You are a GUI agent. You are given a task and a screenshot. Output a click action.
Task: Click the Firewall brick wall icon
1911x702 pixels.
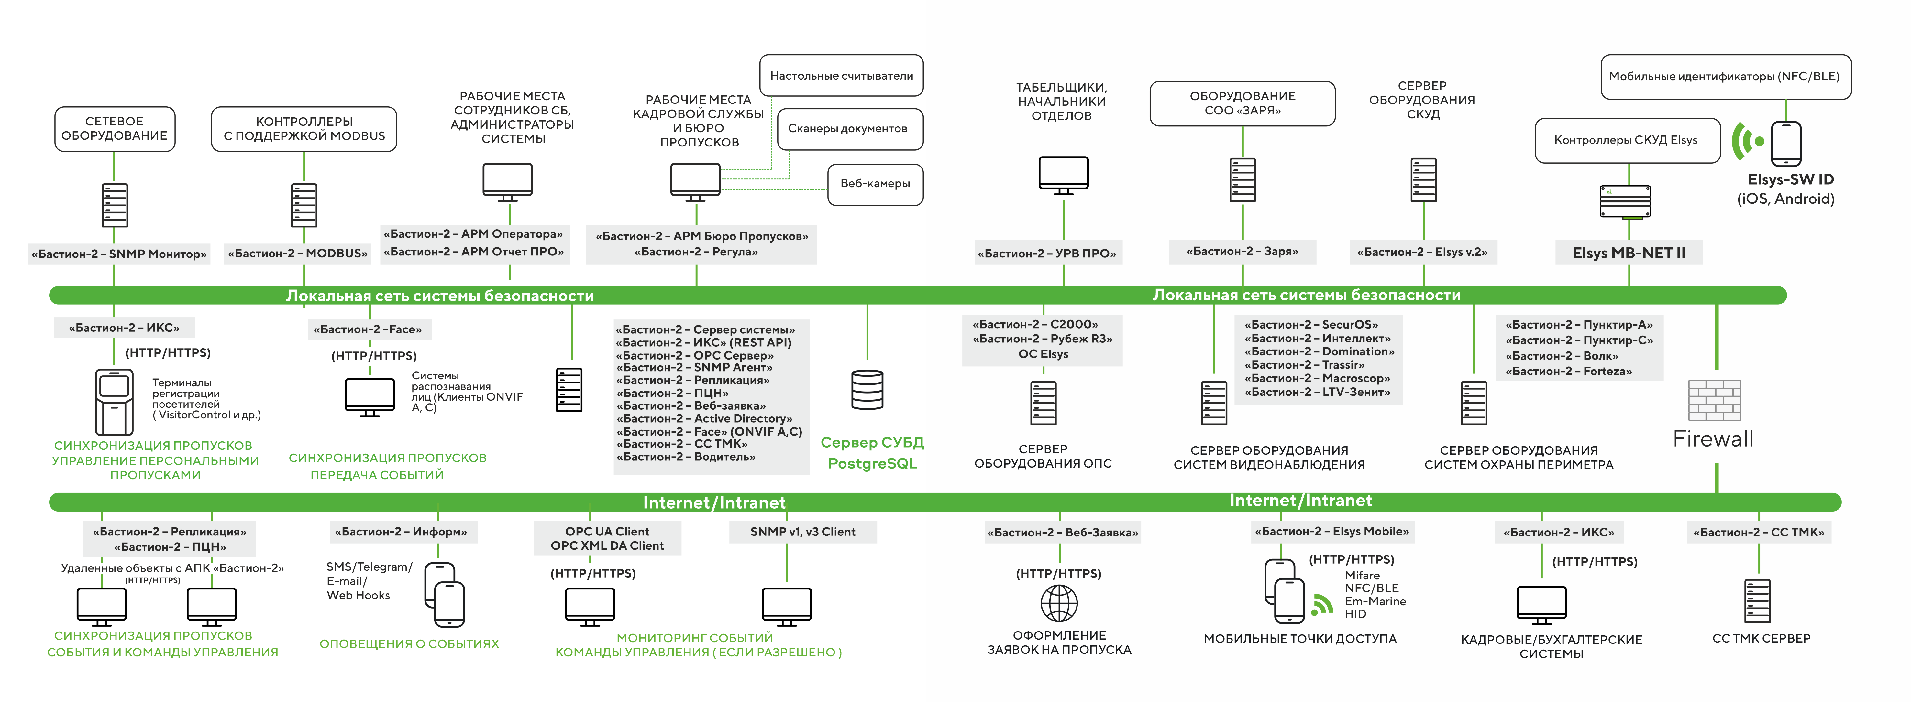tap(1714, 400)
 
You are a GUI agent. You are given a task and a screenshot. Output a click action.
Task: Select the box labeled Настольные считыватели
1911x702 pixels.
tap(841, 76)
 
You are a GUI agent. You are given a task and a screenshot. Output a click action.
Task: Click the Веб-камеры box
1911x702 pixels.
tap(875, 184)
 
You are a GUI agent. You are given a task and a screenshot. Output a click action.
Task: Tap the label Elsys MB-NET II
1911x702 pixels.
tap(1628, 253)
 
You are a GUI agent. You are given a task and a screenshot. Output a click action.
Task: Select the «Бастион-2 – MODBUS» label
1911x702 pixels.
tap(297, 254)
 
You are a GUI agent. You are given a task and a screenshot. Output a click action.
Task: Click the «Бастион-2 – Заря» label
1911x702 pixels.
tap(1243, 251)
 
